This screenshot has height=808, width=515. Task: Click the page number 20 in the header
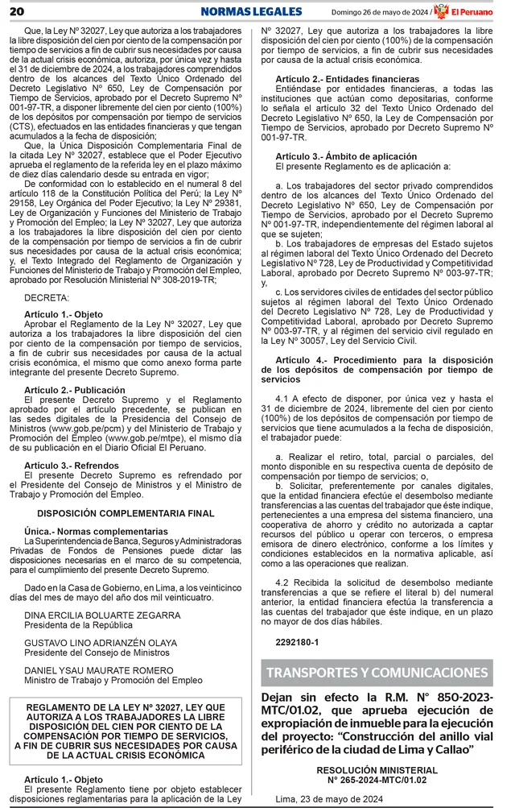tap(16, 10)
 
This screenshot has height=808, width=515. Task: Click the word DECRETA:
tap(46, 298)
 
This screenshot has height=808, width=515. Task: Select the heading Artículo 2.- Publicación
tap(76, 390)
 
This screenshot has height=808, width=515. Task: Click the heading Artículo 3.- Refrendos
tap(72, 466)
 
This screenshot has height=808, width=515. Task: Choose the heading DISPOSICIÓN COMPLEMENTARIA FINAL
tap(126, 513)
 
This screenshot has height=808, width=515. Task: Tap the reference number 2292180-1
tap(297, 642)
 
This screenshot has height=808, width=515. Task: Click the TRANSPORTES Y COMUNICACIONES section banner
tap(377, 673)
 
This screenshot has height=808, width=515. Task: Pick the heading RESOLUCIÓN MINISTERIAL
tap(377, 770)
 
